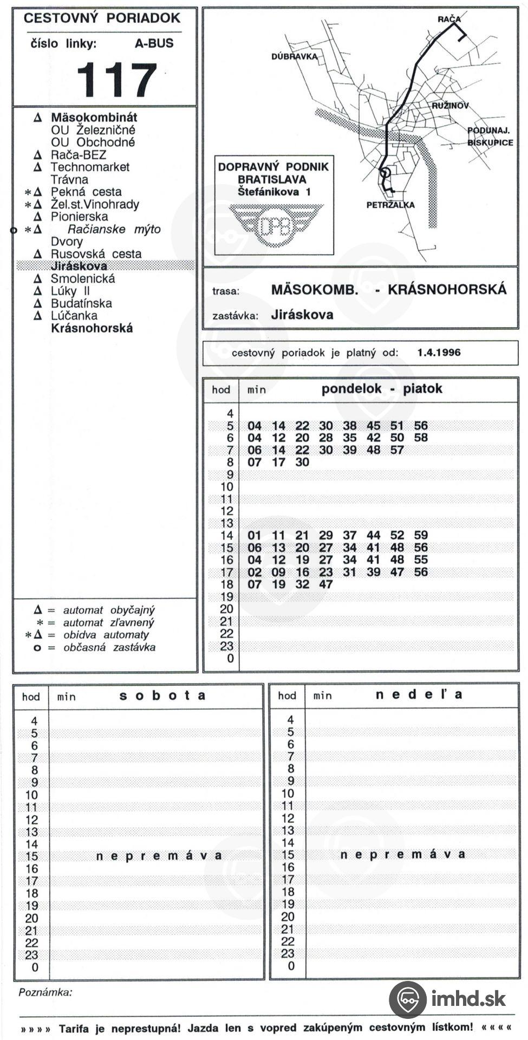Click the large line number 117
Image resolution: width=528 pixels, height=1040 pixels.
tap(116, 80)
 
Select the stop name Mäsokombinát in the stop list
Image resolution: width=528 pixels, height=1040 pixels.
tap(94, 117)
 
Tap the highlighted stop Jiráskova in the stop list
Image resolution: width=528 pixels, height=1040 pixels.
tap(79, 266)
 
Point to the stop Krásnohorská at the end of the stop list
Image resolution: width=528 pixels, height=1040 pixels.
tap(92, 328)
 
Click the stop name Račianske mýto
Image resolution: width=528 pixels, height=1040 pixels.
tap(114, 229)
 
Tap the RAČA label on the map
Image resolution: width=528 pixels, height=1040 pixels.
tap(449, 19)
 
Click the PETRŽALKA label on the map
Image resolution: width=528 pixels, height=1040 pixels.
tap(390, 205)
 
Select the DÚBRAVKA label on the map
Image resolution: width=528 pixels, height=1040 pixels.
tap(294, 57)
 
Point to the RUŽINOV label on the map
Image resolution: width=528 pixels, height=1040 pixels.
tap(450, 106)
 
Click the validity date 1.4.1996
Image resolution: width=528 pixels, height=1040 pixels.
tap(439, 353)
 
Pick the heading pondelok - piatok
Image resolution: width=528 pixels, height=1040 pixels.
tap(381, 389)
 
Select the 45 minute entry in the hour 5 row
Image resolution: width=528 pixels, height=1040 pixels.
tap(373, 426)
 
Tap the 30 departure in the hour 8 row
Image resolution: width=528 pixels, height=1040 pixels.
tap(302, 462)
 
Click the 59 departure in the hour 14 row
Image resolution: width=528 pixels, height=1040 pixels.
tap(421, 535)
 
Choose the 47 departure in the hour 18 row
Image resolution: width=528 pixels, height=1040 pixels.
tap(325, 584)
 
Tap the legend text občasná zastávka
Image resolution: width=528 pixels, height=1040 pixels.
tap(109, 647)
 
